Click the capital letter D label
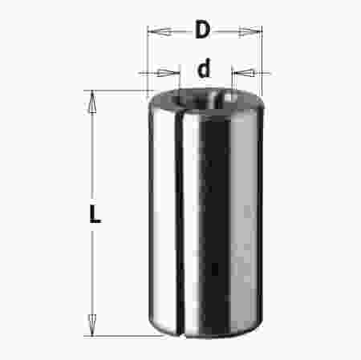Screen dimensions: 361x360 (202, 29)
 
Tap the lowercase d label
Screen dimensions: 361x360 (204, 68)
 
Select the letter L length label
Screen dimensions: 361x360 (95, 214)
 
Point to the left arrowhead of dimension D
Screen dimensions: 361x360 (160, 32)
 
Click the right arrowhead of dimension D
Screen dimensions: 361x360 (249, 31)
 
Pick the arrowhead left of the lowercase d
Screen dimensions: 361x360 (168, 73)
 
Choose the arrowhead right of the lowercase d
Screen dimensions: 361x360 (243, 72)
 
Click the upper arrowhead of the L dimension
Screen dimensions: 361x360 (92, 102)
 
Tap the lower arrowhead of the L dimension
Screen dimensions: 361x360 (92, 325)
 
